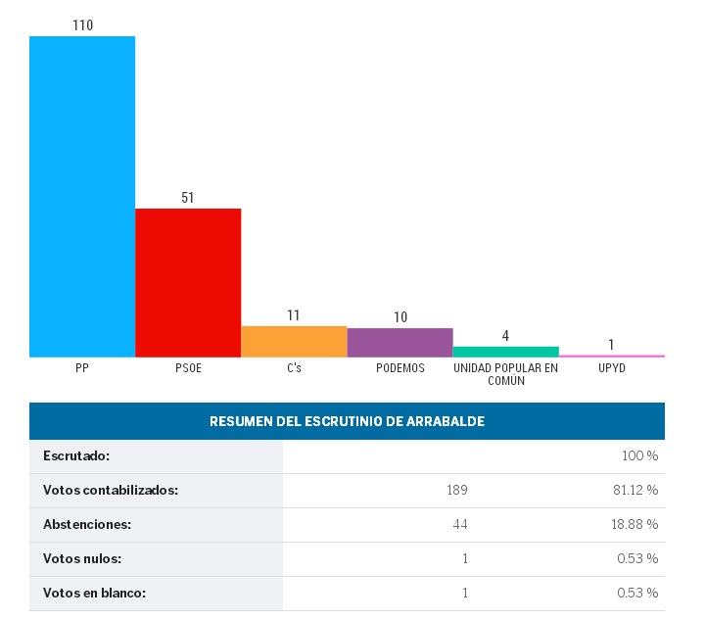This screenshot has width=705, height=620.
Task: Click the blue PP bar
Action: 82,196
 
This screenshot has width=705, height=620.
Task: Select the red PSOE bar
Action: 188,282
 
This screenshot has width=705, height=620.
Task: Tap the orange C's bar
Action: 294,341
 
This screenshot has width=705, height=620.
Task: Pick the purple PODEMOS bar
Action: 399,342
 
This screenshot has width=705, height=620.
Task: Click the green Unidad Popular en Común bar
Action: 505,351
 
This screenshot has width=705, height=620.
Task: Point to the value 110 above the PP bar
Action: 82,25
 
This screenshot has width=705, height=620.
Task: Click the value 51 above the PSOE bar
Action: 188,197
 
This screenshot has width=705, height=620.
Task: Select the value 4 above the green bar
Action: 505,335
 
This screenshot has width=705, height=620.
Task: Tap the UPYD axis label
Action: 611,368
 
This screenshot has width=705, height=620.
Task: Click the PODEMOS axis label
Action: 399,368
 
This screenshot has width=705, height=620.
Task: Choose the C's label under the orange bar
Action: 294,368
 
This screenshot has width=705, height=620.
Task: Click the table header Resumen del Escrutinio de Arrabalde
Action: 347,421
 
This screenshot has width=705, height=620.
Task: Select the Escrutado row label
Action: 76,456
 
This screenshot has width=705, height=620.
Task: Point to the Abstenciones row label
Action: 87,525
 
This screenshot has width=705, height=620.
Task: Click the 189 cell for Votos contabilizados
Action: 456,491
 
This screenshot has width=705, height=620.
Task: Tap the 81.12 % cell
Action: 634,491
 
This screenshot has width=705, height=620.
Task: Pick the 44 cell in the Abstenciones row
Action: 459,525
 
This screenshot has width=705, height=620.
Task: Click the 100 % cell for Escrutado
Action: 639,456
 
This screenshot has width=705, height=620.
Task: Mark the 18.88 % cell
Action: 634,525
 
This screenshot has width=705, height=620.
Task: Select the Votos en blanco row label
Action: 94,593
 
